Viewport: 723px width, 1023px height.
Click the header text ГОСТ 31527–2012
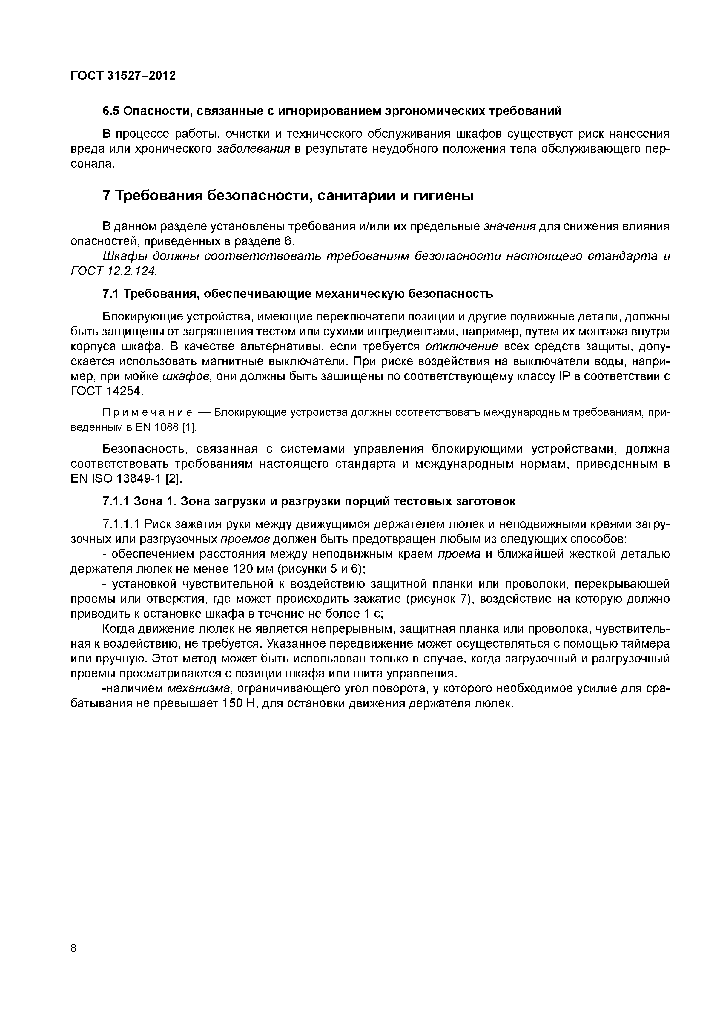pyautogui.click(x=123, y=76)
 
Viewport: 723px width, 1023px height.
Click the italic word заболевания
pyautogui.click(x=253, y=149)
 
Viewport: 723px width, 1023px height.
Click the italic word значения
pyautogui.click(x=509, y=226)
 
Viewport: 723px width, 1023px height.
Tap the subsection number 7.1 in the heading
pyautogui.click(x=110, y=294)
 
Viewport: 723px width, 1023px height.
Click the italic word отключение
pyautogui.click(x=461, y=347)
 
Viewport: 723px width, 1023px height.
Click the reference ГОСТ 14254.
pyautogui.click(x=107, y=392)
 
